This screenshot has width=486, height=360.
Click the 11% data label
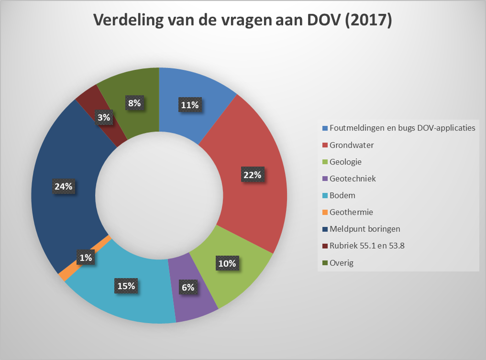[x=189, y=105]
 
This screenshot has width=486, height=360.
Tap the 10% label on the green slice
[x=227, y=263]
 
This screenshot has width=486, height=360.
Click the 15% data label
[x=126, y=286]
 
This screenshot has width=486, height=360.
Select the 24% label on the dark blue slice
[x=63, y=186]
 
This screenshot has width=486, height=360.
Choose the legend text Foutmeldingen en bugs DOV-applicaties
[x=402, y=128]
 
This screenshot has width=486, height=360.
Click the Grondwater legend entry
[x=352, y=145]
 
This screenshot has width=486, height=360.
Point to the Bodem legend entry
[x=342, y=195]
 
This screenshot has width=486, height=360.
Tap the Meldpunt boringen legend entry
[x=365, y=229]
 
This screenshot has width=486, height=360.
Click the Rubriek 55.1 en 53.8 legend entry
[x=367, y=246]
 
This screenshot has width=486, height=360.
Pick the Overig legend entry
[x=342, y=262]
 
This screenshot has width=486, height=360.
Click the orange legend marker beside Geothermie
[x=325, y=212]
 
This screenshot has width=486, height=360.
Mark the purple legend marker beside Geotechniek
[x=325, y=179]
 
